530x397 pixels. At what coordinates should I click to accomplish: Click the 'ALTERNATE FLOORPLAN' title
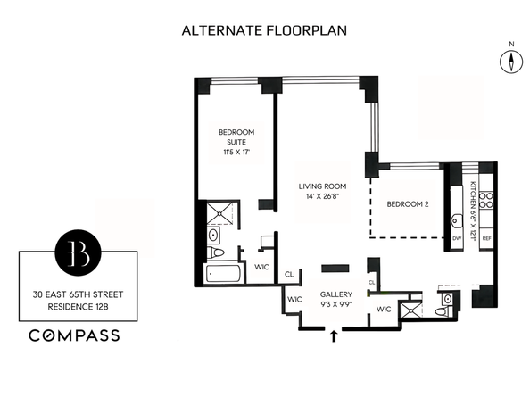(x=265, y=30)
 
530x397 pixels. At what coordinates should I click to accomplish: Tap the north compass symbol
(x=510, y=61)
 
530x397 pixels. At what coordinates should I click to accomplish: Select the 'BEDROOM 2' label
(x=408, y=204)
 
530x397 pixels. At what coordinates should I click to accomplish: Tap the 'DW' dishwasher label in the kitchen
(x=457, y=239)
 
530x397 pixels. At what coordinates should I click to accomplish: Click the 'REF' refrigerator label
(x=486, y=239)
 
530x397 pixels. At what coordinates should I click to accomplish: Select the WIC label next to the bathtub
(x=261, y=266)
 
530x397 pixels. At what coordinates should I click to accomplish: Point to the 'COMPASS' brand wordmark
(x=75, y=336)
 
